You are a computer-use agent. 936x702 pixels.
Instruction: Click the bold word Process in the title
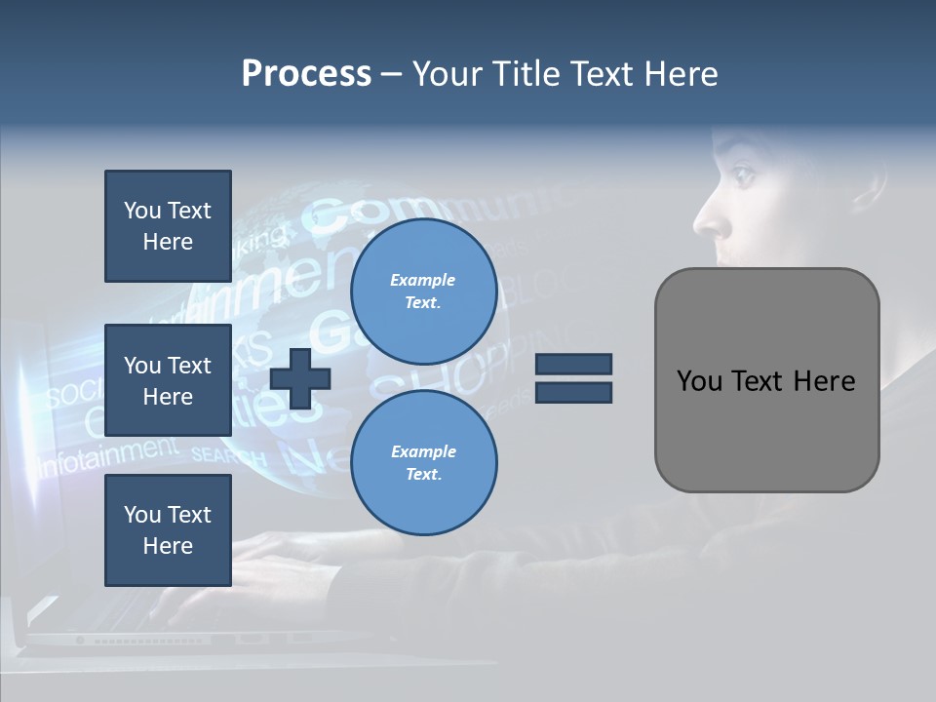pyautogui.click(x=306, y=74)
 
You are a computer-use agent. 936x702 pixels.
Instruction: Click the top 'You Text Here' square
pyautogui.click(x=168, y=226)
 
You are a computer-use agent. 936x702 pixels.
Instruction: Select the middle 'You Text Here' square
pyautogui.click(x=168, y=380)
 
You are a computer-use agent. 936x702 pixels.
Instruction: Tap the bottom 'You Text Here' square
pyautogui.click(x=168, y=530)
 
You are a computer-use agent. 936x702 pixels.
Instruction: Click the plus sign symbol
pyautogui.click(x=300, y=378)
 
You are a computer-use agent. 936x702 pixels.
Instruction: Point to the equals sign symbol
pyautogui.click(x=574, y=378)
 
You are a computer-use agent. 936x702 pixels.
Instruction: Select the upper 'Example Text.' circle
pyautogui.click(x=423, y=292)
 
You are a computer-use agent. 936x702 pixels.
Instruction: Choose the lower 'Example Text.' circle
pyautogui.click(x=423, y=463)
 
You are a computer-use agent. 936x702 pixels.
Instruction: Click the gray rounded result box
pyautogui.click(x=766, y=380)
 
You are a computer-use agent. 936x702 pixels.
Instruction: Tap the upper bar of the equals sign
pyautogui.click(x=574, y=365)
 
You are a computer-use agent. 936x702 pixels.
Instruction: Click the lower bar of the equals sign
pyautogui.click(x=574, y=392)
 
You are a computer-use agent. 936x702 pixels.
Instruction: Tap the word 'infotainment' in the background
pyautogui.click(x=107, y=454)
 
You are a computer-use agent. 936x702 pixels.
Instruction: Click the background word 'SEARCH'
pyautogui.click(x=228, y=455)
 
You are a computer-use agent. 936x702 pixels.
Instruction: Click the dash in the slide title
pyautogui.click(x=391, y=74)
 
